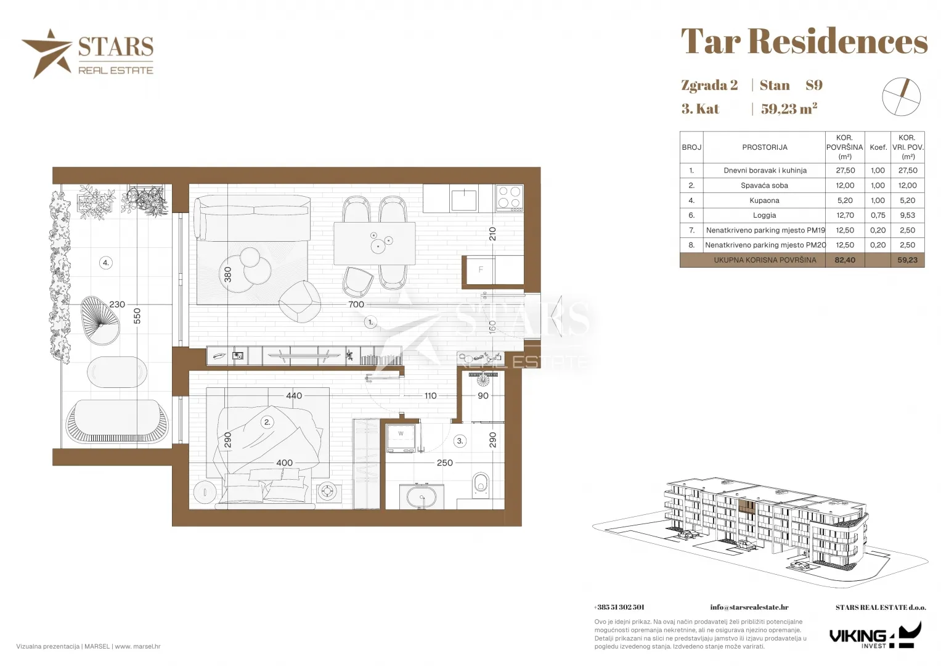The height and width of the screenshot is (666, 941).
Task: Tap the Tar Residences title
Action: click(804, 41)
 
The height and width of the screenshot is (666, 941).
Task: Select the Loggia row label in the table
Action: click(764, 215)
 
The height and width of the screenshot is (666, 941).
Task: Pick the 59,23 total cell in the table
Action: click(907, 260)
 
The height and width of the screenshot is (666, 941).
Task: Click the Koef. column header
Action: click(878, 147)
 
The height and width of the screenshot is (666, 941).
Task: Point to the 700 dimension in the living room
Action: click(356, 305)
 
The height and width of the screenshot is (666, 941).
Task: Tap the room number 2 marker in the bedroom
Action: click(267, 422)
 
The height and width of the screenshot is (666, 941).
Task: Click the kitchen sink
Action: click(464, 199)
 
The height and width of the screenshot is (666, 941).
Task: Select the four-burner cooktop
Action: click(510, 198)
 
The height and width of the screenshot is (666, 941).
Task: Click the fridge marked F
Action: click(481, 269)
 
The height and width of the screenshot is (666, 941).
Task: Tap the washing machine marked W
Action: click(401, 438)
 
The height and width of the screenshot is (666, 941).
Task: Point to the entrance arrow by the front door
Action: click(556, 316)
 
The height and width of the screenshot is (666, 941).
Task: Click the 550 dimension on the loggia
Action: click(137, 316)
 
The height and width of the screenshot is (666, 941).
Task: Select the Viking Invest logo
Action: click(876, 635)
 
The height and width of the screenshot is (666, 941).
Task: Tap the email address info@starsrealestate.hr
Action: click(749, 607)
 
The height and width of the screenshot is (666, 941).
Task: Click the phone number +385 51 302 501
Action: click(619, 607)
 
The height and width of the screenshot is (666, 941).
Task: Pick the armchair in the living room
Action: click(299, 301)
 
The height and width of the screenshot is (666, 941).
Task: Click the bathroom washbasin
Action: click(422, 497)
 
